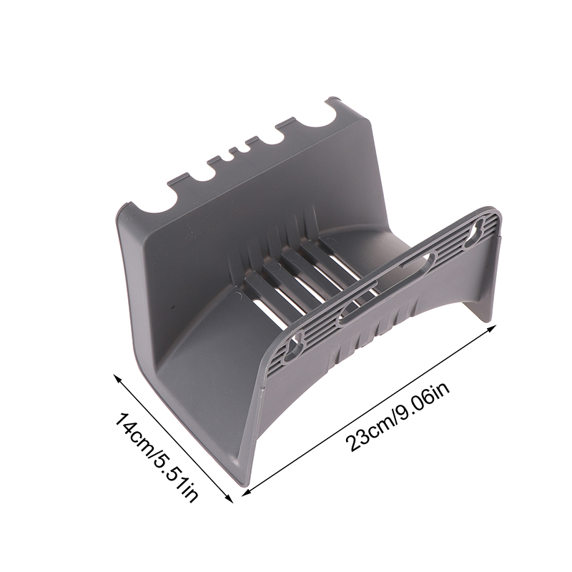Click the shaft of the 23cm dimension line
[369, 410]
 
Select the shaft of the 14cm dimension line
[174, 438]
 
